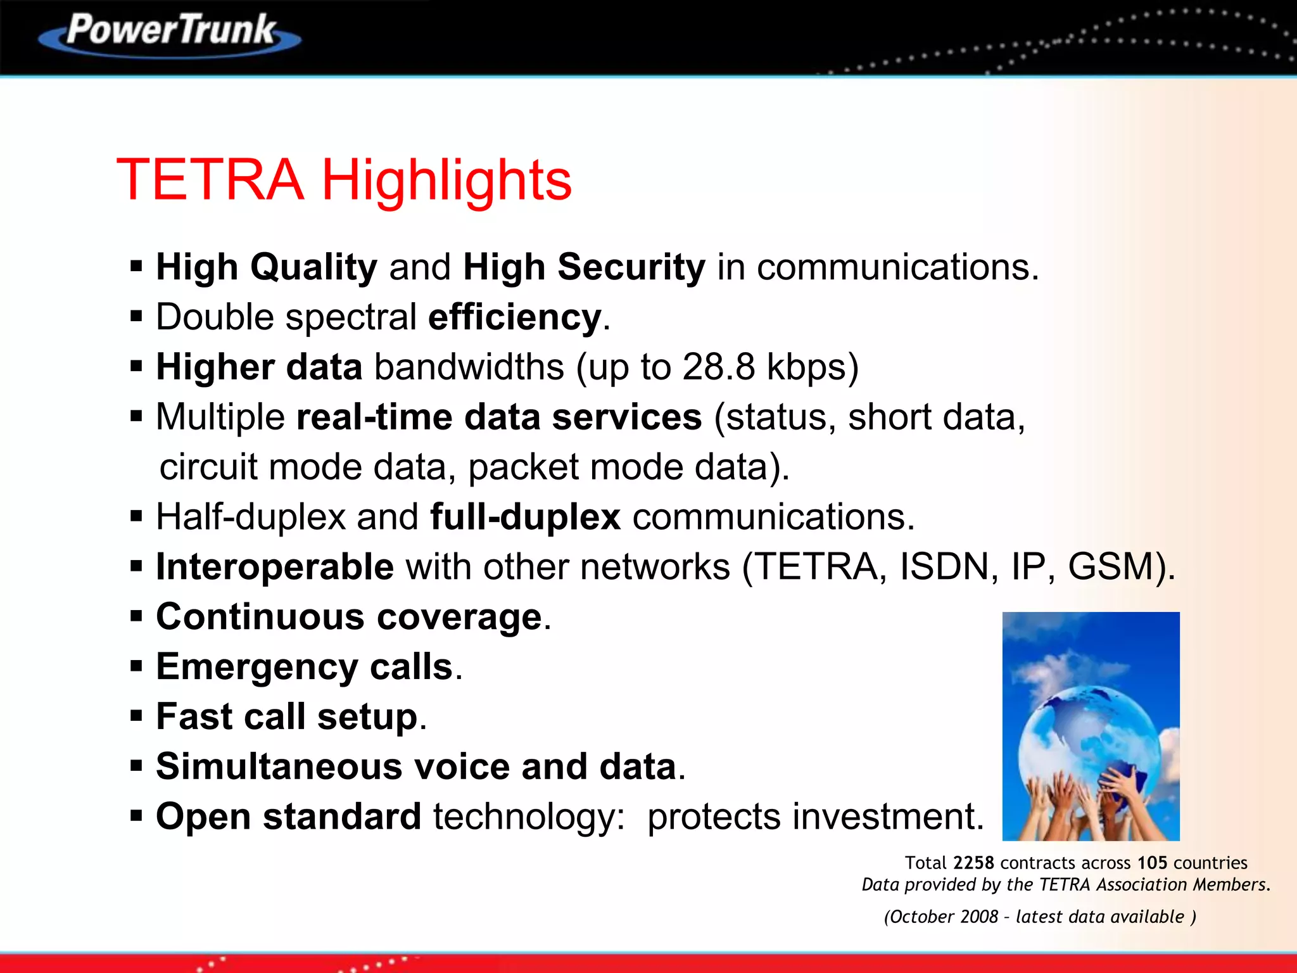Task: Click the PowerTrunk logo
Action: coord(170,33)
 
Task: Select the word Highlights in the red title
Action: coord(446,181)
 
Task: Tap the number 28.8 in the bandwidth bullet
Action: coord(718,367)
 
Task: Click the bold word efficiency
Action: coord(514,317)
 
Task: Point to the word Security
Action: coord(631,267)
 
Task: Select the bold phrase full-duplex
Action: coord(525,517)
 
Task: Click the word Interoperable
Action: coord(275,567)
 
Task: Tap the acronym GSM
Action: coord(1113,567)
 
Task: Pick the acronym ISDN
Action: coord(944,567)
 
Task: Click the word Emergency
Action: coord(257,668)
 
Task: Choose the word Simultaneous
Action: coord(279,767)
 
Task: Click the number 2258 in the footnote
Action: coord(973,863)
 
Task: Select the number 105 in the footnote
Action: coord(1152,863)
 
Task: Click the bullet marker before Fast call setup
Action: coord(136,716)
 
